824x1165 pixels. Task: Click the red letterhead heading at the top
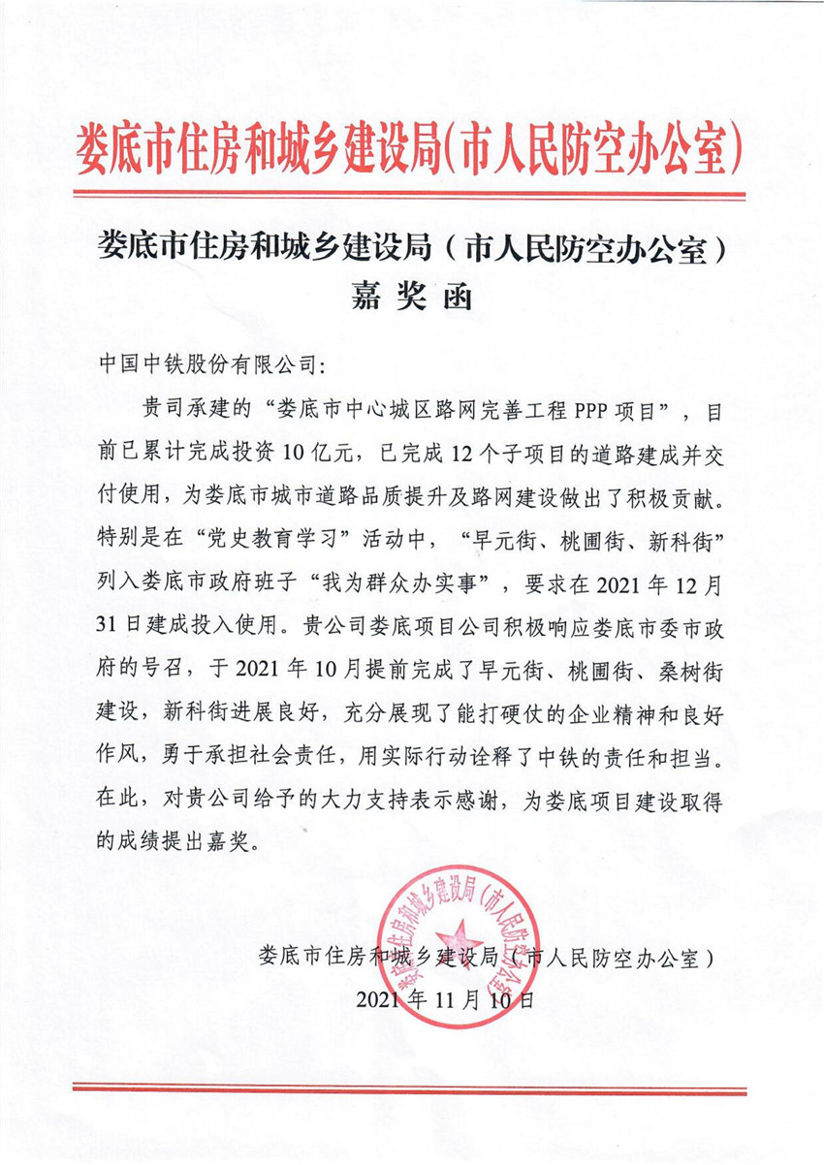pos(411,148)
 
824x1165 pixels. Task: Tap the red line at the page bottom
pos(411,1087)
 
